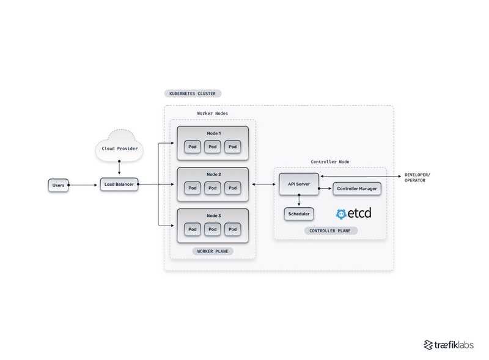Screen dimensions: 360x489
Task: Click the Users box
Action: [x=58, y=185]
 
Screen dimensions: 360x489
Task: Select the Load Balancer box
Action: [x=119, y=184]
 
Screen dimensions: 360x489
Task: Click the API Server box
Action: [x=299, y=184]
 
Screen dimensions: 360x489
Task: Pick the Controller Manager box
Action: [x=356, y=189]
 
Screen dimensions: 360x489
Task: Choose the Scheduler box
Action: [x=299, y=214]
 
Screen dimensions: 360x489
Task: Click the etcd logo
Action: [x=353, y=214]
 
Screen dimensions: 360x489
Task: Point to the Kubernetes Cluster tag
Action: [x=192, y=94]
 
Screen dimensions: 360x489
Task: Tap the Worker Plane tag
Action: [x=213, y=251]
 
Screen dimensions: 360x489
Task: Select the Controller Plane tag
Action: [x=330, y=231]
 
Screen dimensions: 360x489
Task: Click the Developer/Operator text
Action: [x=417, y=178]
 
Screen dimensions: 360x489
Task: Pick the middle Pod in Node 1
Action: [x=213, y=147]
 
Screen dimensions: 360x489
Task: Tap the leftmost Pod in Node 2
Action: [x=193, y=188]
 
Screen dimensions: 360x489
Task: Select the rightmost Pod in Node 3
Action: [x=232, y=229]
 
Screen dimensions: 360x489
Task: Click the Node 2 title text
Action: [x=213, y=174]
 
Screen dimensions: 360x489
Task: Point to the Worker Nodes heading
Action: [x=213, y=113]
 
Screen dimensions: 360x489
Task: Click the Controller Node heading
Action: [x=330, y=161]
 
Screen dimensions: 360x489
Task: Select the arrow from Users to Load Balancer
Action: [x=84, y=185]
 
